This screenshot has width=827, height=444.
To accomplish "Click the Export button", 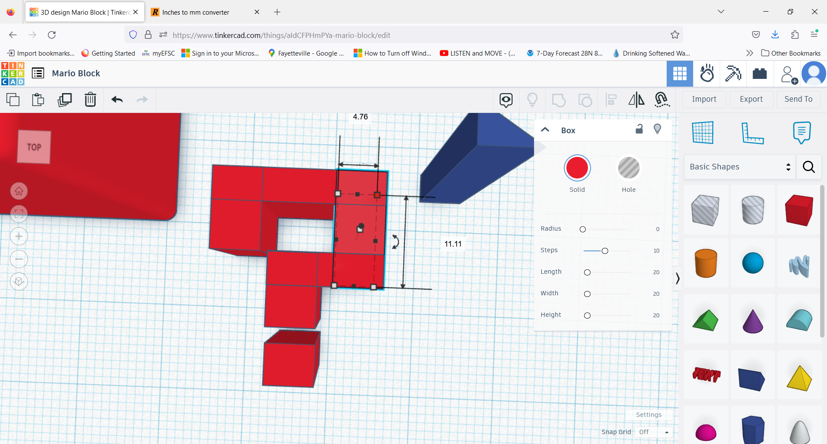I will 751,99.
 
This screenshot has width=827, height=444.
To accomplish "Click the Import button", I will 704,99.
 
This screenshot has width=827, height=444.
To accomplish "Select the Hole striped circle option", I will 628,168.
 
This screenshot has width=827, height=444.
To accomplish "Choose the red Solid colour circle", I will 577,168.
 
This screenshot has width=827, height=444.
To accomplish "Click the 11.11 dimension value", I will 453,244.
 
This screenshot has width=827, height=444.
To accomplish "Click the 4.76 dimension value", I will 360,117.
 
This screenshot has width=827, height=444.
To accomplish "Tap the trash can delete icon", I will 90,100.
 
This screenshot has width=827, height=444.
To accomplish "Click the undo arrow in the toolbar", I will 117,100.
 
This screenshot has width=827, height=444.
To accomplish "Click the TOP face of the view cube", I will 34,147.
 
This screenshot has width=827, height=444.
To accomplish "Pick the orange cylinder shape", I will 706,263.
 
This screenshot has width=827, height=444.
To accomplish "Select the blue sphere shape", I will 752,263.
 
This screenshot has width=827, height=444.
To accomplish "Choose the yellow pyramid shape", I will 799,378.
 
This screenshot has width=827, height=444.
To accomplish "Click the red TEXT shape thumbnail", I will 706,375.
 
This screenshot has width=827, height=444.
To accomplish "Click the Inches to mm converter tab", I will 196,12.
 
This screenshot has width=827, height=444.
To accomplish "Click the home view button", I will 19,191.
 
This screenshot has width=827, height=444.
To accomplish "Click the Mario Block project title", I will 76,73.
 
